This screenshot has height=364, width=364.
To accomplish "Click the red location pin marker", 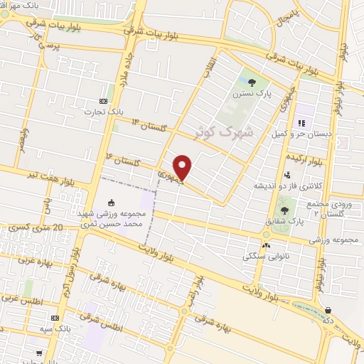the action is coord(183,167).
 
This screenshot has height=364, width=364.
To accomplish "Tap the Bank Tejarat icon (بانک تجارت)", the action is coord(104,101).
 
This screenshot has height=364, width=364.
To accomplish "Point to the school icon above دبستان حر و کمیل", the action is coord(300,112).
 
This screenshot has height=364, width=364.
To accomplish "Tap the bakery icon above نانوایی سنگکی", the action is coord(267,245).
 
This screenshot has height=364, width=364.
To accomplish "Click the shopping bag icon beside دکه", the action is coord(328,310).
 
